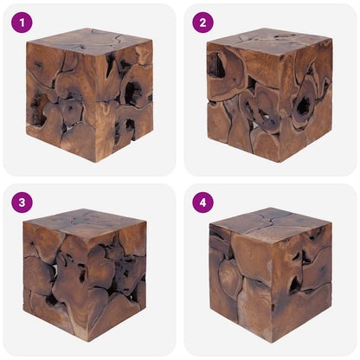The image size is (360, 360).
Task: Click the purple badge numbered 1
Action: [22, 22]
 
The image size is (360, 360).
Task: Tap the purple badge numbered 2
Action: [202, 22]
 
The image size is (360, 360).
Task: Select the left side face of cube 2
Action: [228, 100]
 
